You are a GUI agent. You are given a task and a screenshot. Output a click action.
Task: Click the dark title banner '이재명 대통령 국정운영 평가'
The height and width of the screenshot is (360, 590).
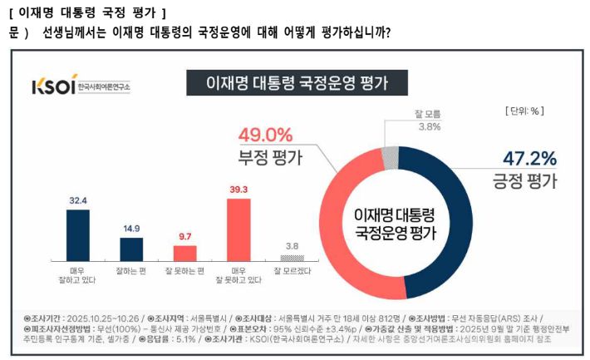[x=296, y=84]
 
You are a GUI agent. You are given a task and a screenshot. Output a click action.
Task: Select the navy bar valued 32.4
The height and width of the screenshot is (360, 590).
[x=78, y=235]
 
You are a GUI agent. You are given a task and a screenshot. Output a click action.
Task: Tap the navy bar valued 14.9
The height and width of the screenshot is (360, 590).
[x=131, y=249]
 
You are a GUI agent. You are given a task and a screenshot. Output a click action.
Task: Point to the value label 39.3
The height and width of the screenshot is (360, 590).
[x=238, y=190]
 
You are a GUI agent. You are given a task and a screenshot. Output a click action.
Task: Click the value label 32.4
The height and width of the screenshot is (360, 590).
[x=78, y=200]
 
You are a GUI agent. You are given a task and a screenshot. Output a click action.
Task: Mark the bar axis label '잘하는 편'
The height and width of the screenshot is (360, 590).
[x=131, y=270]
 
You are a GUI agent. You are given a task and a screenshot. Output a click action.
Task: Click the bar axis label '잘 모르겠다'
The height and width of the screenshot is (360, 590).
[x=293, y=270]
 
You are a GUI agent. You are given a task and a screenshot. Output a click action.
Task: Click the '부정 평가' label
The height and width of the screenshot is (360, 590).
[x=265, y=158]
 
